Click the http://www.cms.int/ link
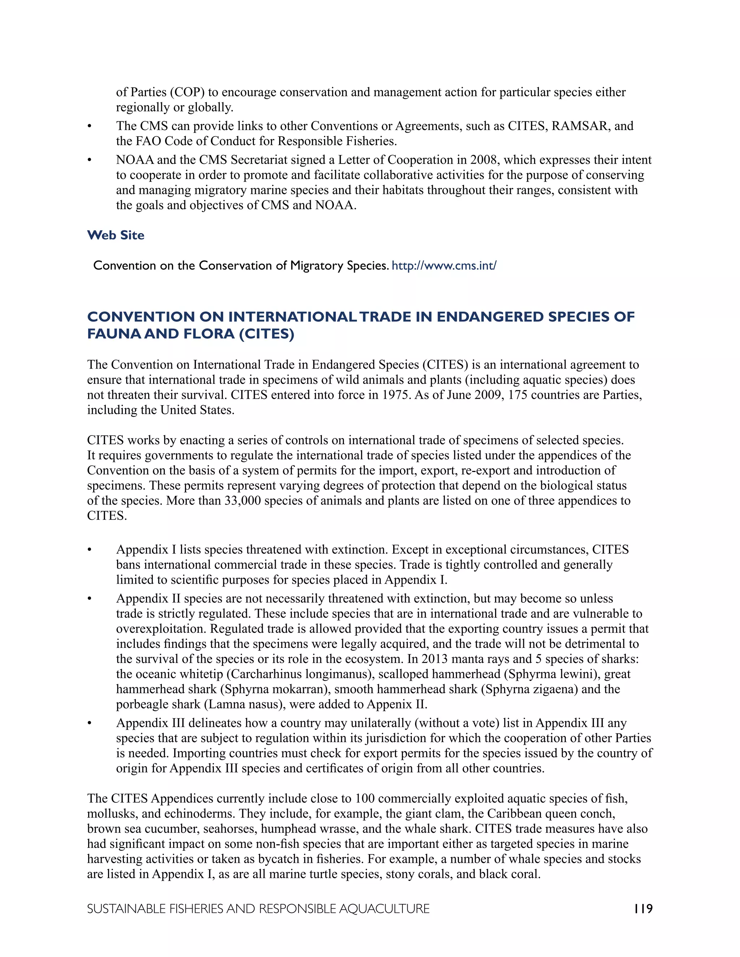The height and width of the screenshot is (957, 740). (444, 265)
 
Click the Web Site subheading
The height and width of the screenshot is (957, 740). (116, 235)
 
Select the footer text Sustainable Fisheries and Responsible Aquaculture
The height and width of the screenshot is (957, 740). (258, 909)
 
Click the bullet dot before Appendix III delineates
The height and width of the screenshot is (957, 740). (90, 723)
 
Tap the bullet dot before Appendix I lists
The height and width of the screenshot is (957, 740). (90, 550)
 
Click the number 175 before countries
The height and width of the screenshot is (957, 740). (518, 395)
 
